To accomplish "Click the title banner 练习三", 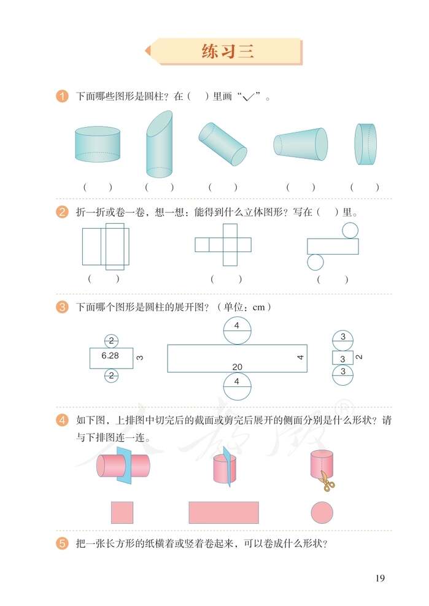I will click(x=227, y=52).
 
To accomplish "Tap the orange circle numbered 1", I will click(x=62, y=96).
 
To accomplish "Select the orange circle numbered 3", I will click(x=62, y=307).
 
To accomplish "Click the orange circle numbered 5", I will click(x=62, y=543).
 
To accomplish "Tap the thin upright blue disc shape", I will click(x=366, y=144).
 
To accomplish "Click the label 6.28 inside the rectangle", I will click(x=110, y=356).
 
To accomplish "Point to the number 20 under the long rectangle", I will click(x=237, y=367).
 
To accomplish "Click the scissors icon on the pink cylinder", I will click(x=328, y=483).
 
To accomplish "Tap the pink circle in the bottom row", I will click(x=322, y=512).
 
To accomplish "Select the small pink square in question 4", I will click(x=122, y=512).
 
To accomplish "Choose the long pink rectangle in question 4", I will click(x=223, y=512).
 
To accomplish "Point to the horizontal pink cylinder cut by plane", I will click(x=123, y=466).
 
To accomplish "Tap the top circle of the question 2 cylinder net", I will click(x=350, y=230).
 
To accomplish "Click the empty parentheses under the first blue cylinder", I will click(x=98, y=187).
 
